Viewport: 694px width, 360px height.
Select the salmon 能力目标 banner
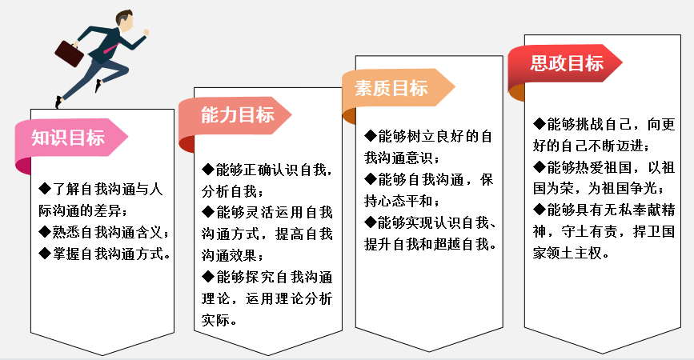235,115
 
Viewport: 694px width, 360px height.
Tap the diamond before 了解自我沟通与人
44,190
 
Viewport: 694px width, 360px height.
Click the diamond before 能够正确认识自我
209,170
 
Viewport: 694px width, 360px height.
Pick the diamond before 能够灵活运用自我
209,213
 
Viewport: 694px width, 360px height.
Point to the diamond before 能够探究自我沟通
209,278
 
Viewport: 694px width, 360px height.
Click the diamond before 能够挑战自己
540,124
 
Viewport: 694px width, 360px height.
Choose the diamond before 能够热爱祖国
540,167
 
